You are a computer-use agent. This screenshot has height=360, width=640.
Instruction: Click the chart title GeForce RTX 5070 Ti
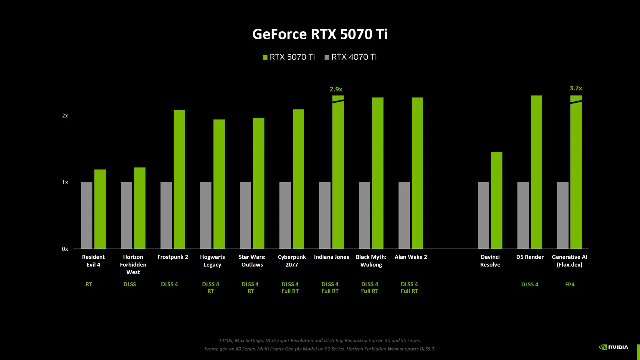click(320, 34)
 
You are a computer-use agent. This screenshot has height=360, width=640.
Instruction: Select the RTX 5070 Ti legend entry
click(289, 57)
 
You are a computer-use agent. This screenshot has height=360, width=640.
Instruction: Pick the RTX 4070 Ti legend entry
click(351, 57)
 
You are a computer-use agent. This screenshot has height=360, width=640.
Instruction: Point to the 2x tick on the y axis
click(65, 116)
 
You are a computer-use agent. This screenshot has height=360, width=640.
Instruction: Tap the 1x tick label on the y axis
click(65, 182)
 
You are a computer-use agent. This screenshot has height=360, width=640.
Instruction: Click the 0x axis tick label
click(65, 249)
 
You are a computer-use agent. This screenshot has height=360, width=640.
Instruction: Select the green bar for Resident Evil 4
click(100, 209)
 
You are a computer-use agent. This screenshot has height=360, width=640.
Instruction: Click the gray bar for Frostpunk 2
click(166, 215)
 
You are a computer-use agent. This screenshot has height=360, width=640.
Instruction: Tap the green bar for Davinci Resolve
click(497, 200)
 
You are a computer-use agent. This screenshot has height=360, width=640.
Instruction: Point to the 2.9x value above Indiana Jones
click(336, 89)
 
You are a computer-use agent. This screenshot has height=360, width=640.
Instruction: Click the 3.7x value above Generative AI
click(576, 88)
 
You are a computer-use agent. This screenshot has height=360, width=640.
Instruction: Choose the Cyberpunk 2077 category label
click(292, 261)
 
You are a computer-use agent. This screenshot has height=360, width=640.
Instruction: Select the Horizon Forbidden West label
click(133, 264)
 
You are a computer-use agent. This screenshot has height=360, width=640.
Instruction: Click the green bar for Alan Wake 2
click(417, 173)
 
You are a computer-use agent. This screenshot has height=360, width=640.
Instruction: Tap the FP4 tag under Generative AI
click(570, 284)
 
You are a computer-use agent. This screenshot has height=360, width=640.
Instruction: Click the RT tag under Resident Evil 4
click(89, 284)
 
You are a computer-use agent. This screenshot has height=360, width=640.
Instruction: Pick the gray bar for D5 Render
click(523, 215)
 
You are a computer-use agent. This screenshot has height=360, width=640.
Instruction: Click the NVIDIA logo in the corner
click(614, 347)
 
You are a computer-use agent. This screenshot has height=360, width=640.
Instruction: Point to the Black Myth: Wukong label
click(371, 261)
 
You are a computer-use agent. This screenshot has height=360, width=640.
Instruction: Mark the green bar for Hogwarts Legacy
click(219, 184)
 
